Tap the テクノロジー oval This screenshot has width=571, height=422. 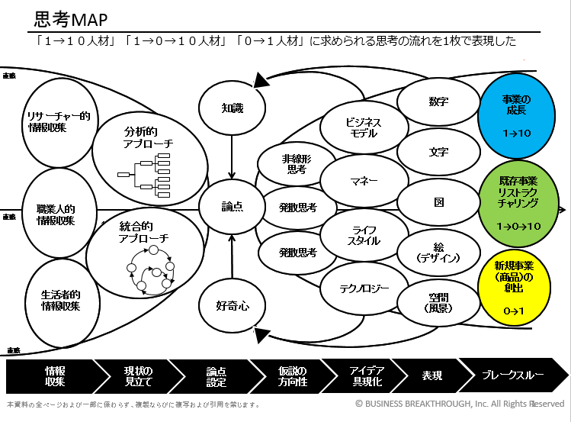point(364,288)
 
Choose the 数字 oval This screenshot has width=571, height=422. point(438,101)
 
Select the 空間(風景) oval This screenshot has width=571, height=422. point(438,303)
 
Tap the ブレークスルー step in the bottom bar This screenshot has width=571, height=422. point(512,375)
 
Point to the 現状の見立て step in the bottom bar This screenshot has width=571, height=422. point(137,375)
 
